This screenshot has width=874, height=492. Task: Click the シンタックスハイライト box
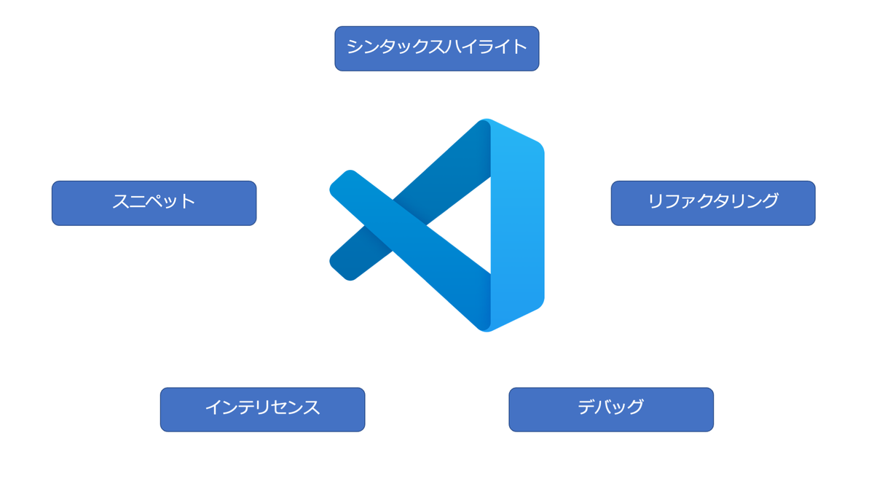(x=436, y=49)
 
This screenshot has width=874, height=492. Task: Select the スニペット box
(x=154, y=203)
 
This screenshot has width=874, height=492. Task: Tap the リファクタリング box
(x=712, y=203)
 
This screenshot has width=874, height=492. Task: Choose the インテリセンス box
(x=262, y=410)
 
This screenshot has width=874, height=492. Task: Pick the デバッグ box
(x=610, y=410)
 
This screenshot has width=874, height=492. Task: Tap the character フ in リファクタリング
(x=672, y=201)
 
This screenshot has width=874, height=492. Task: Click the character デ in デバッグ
(x=587, y=407)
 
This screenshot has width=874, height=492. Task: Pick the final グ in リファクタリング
(x=770, y=200)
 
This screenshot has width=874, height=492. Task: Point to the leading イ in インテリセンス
(x=213, y=407)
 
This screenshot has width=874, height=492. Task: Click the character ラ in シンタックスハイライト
(x=484, y=47)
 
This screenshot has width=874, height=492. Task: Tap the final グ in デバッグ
(x=634, y=407)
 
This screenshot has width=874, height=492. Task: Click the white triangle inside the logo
(x=466, y=225)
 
